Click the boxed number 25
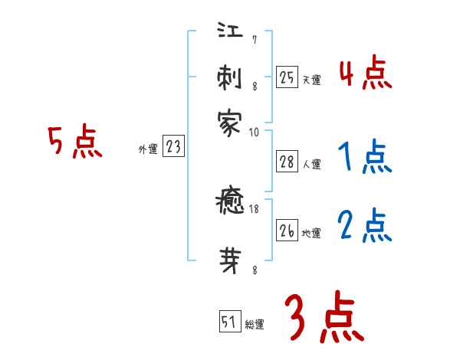(x=287, y=77)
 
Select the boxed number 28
(x=287, y=162)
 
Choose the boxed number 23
(x=173, y=146)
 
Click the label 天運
(x=311, y=79)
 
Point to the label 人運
(x=311, y=164)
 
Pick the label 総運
(x=255, y=324)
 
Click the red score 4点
(x=365, y=74)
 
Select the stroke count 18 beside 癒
(x=253, y=208)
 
